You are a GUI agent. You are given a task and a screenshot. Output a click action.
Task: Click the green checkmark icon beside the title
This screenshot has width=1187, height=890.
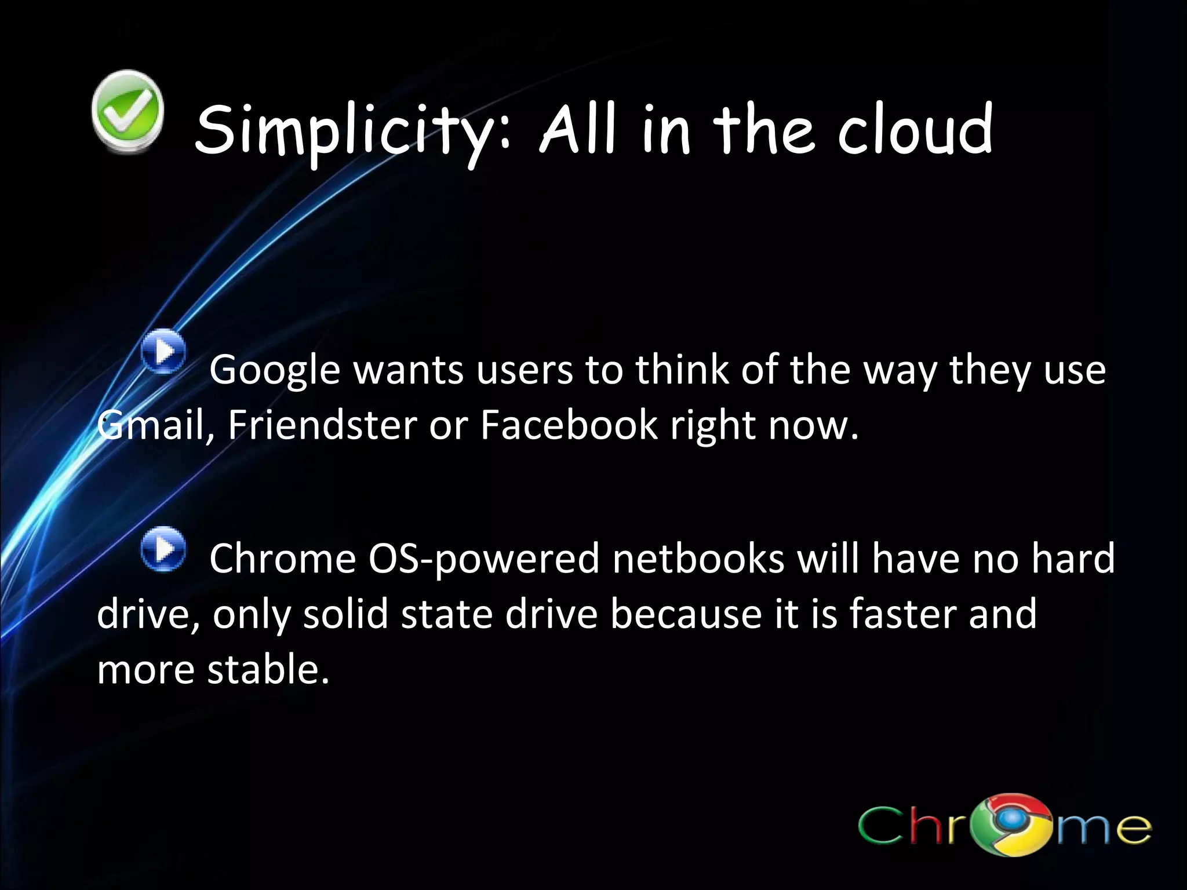[x=128, y=112]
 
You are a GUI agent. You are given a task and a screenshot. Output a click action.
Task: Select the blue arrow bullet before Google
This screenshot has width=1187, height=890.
[x=165, y=351]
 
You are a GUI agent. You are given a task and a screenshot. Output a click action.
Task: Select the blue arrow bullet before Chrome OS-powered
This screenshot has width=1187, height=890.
[x=165, y=549]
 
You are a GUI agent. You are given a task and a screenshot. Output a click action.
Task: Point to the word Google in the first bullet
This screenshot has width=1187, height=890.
[x=275, y=371]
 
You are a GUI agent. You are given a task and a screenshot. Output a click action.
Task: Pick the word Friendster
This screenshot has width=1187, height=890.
[x=322, y=425]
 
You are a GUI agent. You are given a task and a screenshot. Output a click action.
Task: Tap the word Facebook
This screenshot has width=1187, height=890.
[x=569, y=425]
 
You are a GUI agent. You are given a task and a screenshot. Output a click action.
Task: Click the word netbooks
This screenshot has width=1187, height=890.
[x=698, y=559]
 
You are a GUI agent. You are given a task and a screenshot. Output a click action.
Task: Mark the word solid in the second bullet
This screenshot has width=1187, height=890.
[x=345, y=614]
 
